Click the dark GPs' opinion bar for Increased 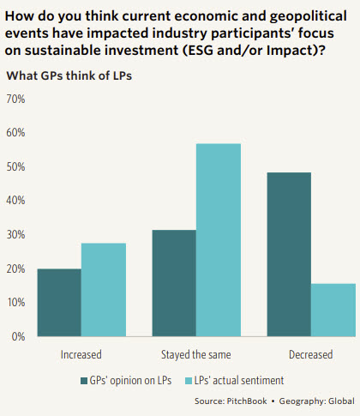click(x=60, y=303)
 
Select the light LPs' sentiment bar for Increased click(x=104, y=290)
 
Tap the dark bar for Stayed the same click(x=174, y=283)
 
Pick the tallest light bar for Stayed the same click(x=218, y=240)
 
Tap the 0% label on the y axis click(x=18, y=336)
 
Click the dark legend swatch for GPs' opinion click(x=83, y=379)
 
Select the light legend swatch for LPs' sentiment click(x=189, y=379)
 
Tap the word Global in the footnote click(x=337, y=401)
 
